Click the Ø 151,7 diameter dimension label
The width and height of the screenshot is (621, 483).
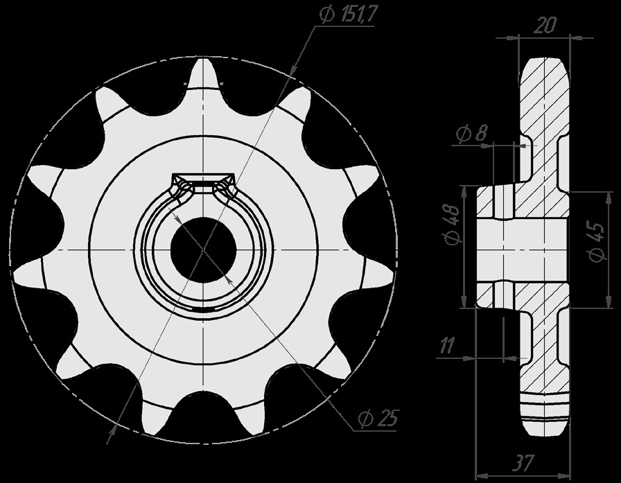point(349,15)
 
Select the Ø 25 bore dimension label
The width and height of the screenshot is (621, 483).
point(378,418)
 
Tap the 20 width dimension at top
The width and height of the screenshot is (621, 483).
point(545,26)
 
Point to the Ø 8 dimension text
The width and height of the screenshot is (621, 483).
point(471,134)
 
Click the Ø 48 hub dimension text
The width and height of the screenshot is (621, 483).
point(451,225)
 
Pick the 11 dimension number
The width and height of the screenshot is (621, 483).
point(447,346)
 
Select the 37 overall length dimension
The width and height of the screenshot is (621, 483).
point(523,462)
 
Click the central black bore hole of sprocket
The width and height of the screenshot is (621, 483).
point(203,249)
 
